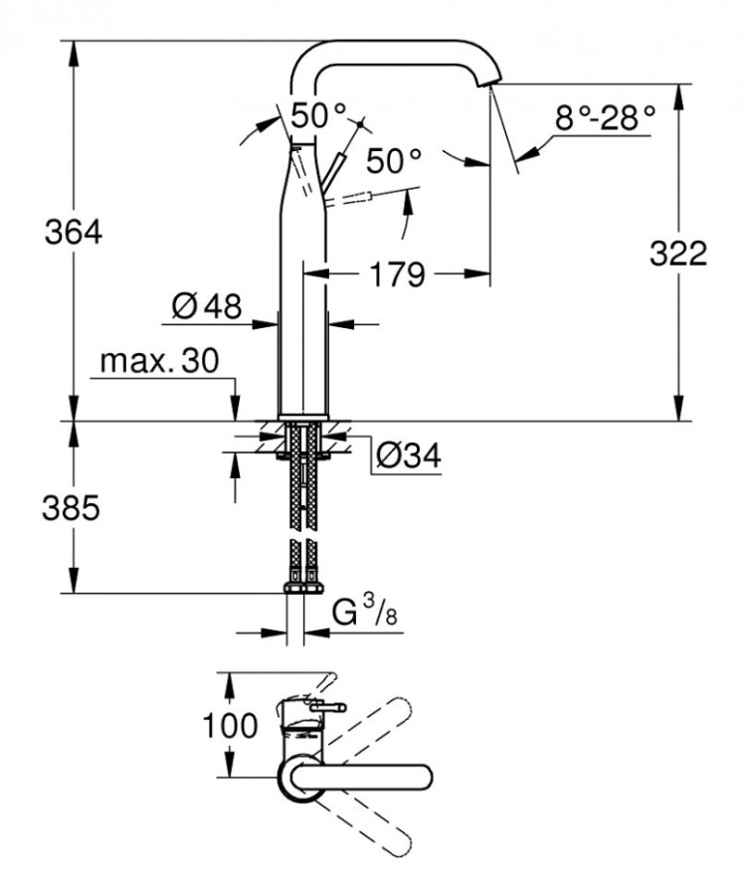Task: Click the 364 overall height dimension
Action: click(75, 233)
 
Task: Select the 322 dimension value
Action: click(679, 254)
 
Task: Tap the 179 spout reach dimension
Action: click(397, 272)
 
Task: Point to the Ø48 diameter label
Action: click(207, 306)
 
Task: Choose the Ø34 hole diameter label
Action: click(408, 455)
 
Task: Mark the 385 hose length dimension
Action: click(72, 509)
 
